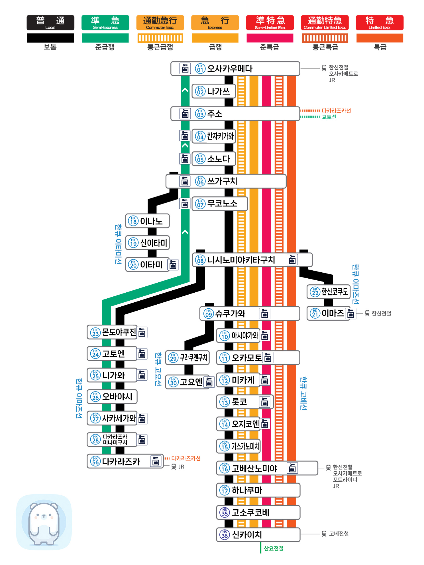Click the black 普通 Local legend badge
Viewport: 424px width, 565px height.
tap(50, 23)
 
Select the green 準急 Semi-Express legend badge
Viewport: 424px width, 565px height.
tap(105, 23)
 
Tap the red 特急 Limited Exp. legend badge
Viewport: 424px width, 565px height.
tap(379, 23)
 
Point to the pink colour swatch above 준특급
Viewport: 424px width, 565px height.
tap(270, 38)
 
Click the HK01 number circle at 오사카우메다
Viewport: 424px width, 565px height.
tap(200, 69)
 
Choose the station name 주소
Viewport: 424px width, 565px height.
tap(215, 114)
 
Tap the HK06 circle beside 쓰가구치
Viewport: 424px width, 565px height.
tap(200, 181)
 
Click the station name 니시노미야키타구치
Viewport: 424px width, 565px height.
tap(241, 260)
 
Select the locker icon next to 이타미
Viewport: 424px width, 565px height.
tap(173, 265)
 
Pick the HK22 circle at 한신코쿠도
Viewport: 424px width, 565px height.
tap(315, 292)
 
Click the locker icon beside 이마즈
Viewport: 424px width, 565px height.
tap(351, 313)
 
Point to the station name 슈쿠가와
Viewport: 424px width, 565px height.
tap(230, 313)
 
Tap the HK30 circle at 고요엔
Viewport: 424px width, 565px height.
tap(173, 382)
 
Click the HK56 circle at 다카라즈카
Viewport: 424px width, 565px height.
tap(95, 461)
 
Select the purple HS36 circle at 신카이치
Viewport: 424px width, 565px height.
tap(225, 534)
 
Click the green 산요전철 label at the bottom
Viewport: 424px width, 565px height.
tap(274, 548)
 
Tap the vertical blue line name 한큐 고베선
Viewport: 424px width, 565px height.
tap(303, 393)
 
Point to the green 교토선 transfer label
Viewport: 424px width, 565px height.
tap(329, 117)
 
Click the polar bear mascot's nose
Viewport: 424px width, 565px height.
tap(44, 516)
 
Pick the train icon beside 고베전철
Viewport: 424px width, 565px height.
tap(324, 534)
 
